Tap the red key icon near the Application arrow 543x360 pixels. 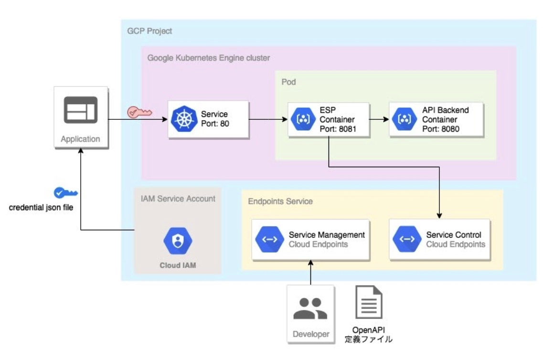[x=139, y=113]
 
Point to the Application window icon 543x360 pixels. [x=81, y=110]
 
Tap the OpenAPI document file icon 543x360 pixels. [x=369, y=303]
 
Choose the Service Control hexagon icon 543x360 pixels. [x=407, y=239]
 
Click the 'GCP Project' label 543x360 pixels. [x=149, y=31]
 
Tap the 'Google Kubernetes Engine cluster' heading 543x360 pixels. [x=208, y=58]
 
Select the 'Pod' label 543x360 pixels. [x=288, y=82]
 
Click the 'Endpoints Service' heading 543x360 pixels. [x=280, y=201]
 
